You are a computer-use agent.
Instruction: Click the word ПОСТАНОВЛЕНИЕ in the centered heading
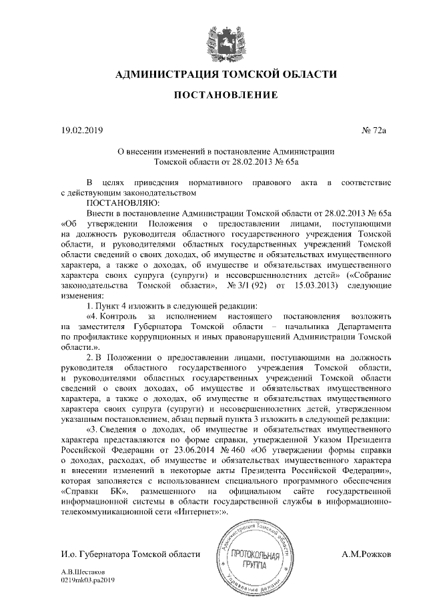pos(226,96)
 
